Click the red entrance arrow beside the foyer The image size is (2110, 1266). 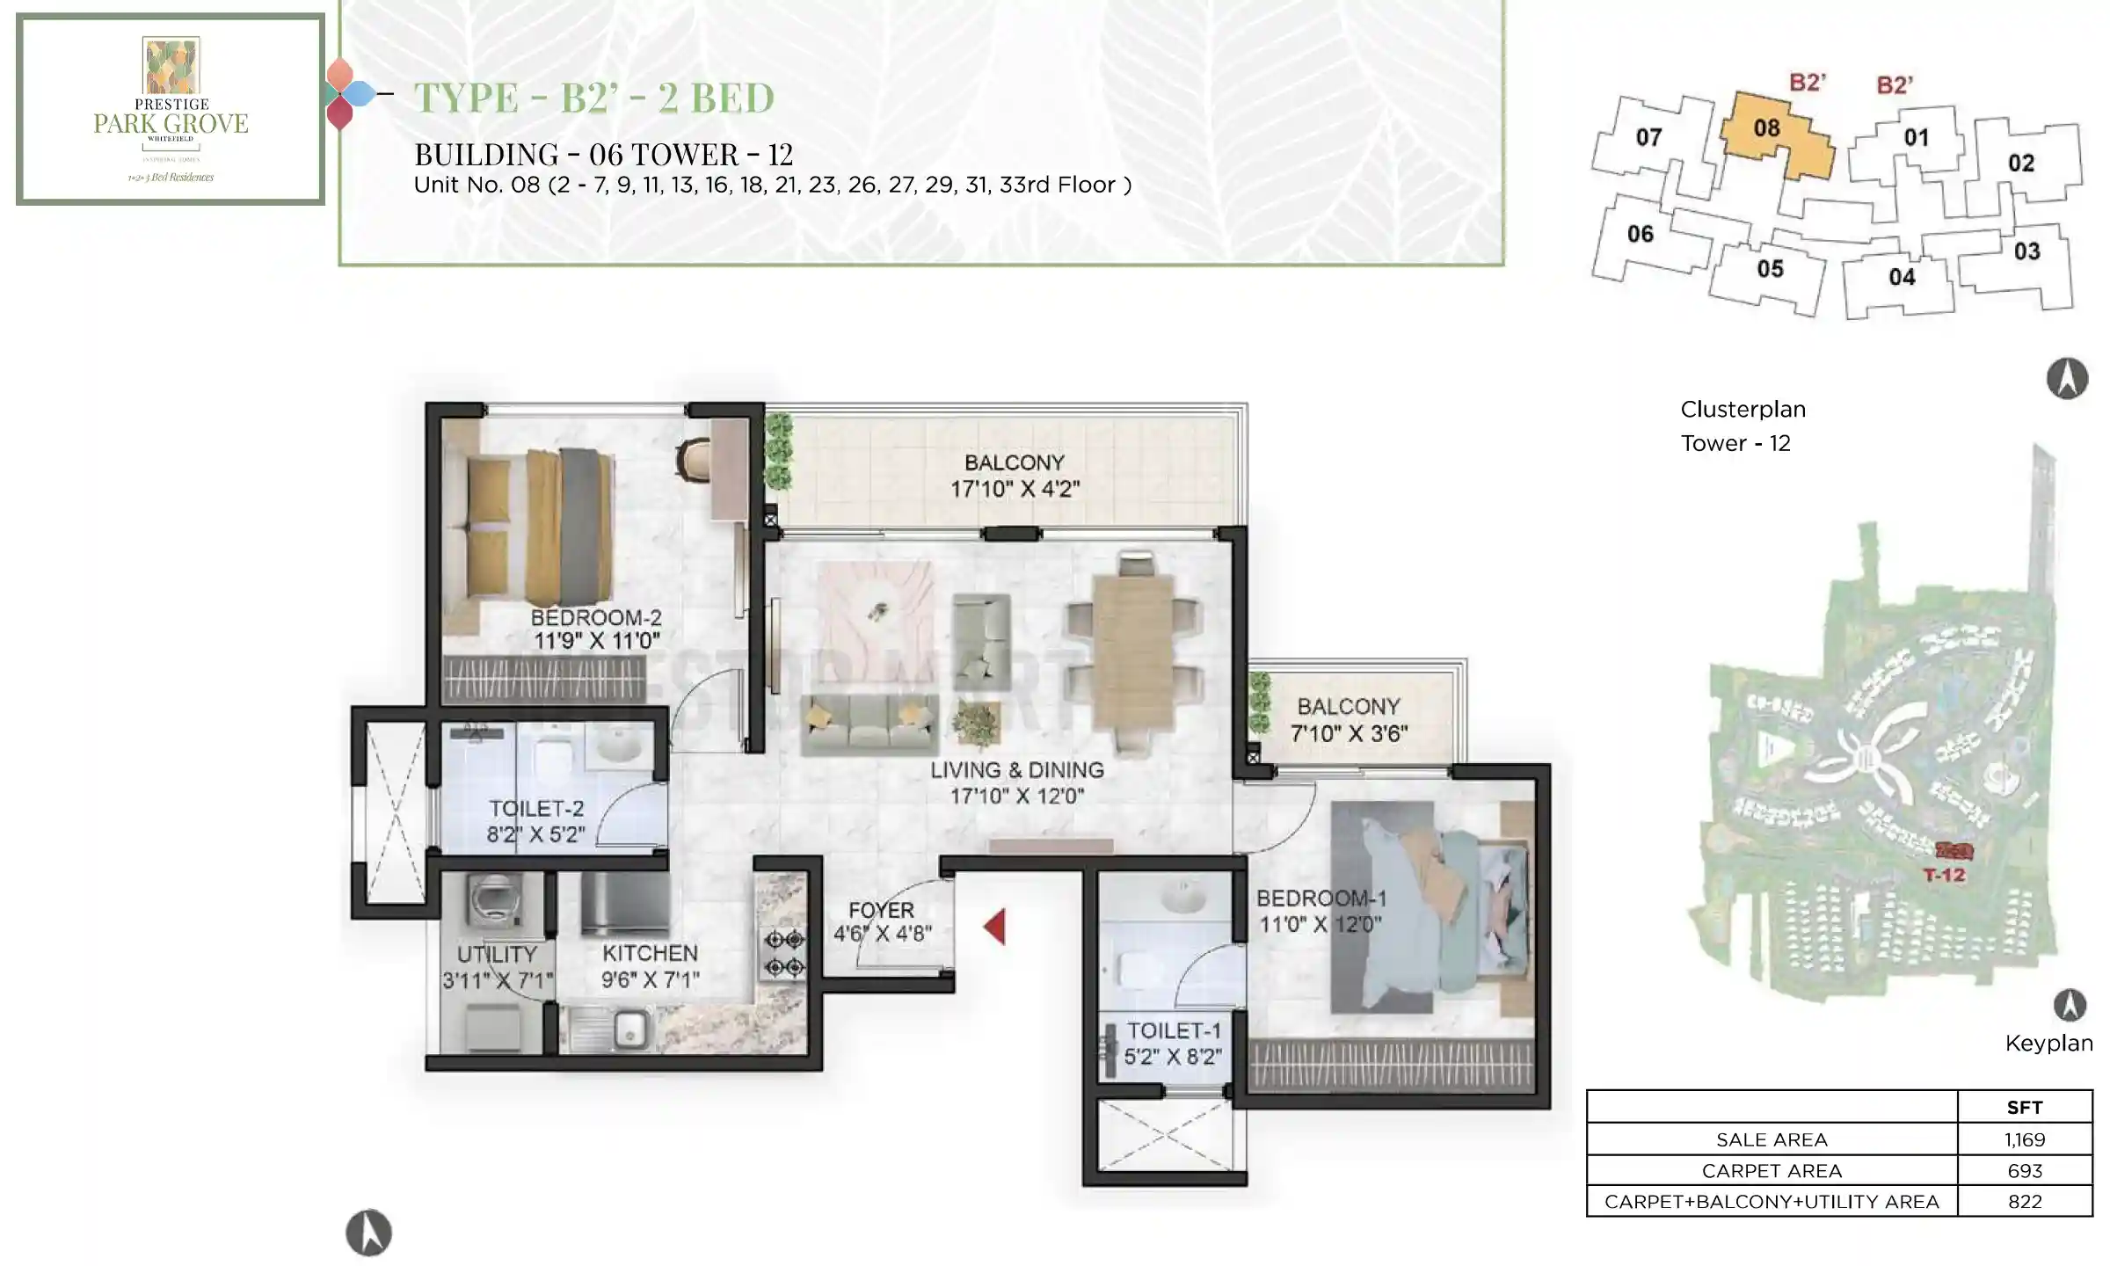click(994, 928)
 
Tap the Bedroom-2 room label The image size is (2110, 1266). click(596, 617)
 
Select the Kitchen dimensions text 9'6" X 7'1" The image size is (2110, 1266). click(651, 979)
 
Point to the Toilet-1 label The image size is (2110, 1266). click(1174, 1030)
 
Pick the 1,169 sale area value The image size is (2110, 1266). click(2024, 1139)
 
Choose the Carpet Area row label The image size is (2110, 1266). click(1771, 1171)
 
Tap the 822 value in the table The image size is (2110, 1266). click(2024, 1202)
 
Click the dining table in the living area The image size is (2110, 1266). click(1133, 651)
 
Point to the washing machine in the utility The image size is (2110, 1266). click(494, 901)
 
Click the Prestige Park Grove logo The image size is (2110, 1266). click(171, 109)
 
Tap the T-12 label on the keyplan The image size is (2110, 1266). click(1944, 875)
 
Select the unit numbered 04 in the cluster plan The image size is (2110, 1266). click(1901, 278)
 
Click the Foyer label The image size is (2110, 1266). click(881, 910)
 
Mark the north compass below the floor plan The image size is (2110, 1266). click(368, 1233)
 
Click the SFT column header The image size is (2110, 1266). click(2024, 1108)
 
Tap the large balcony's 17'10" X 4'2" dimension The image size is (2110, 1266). click(1015, 489)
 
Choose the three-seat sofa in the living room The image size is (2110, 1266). click(869, 724)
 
